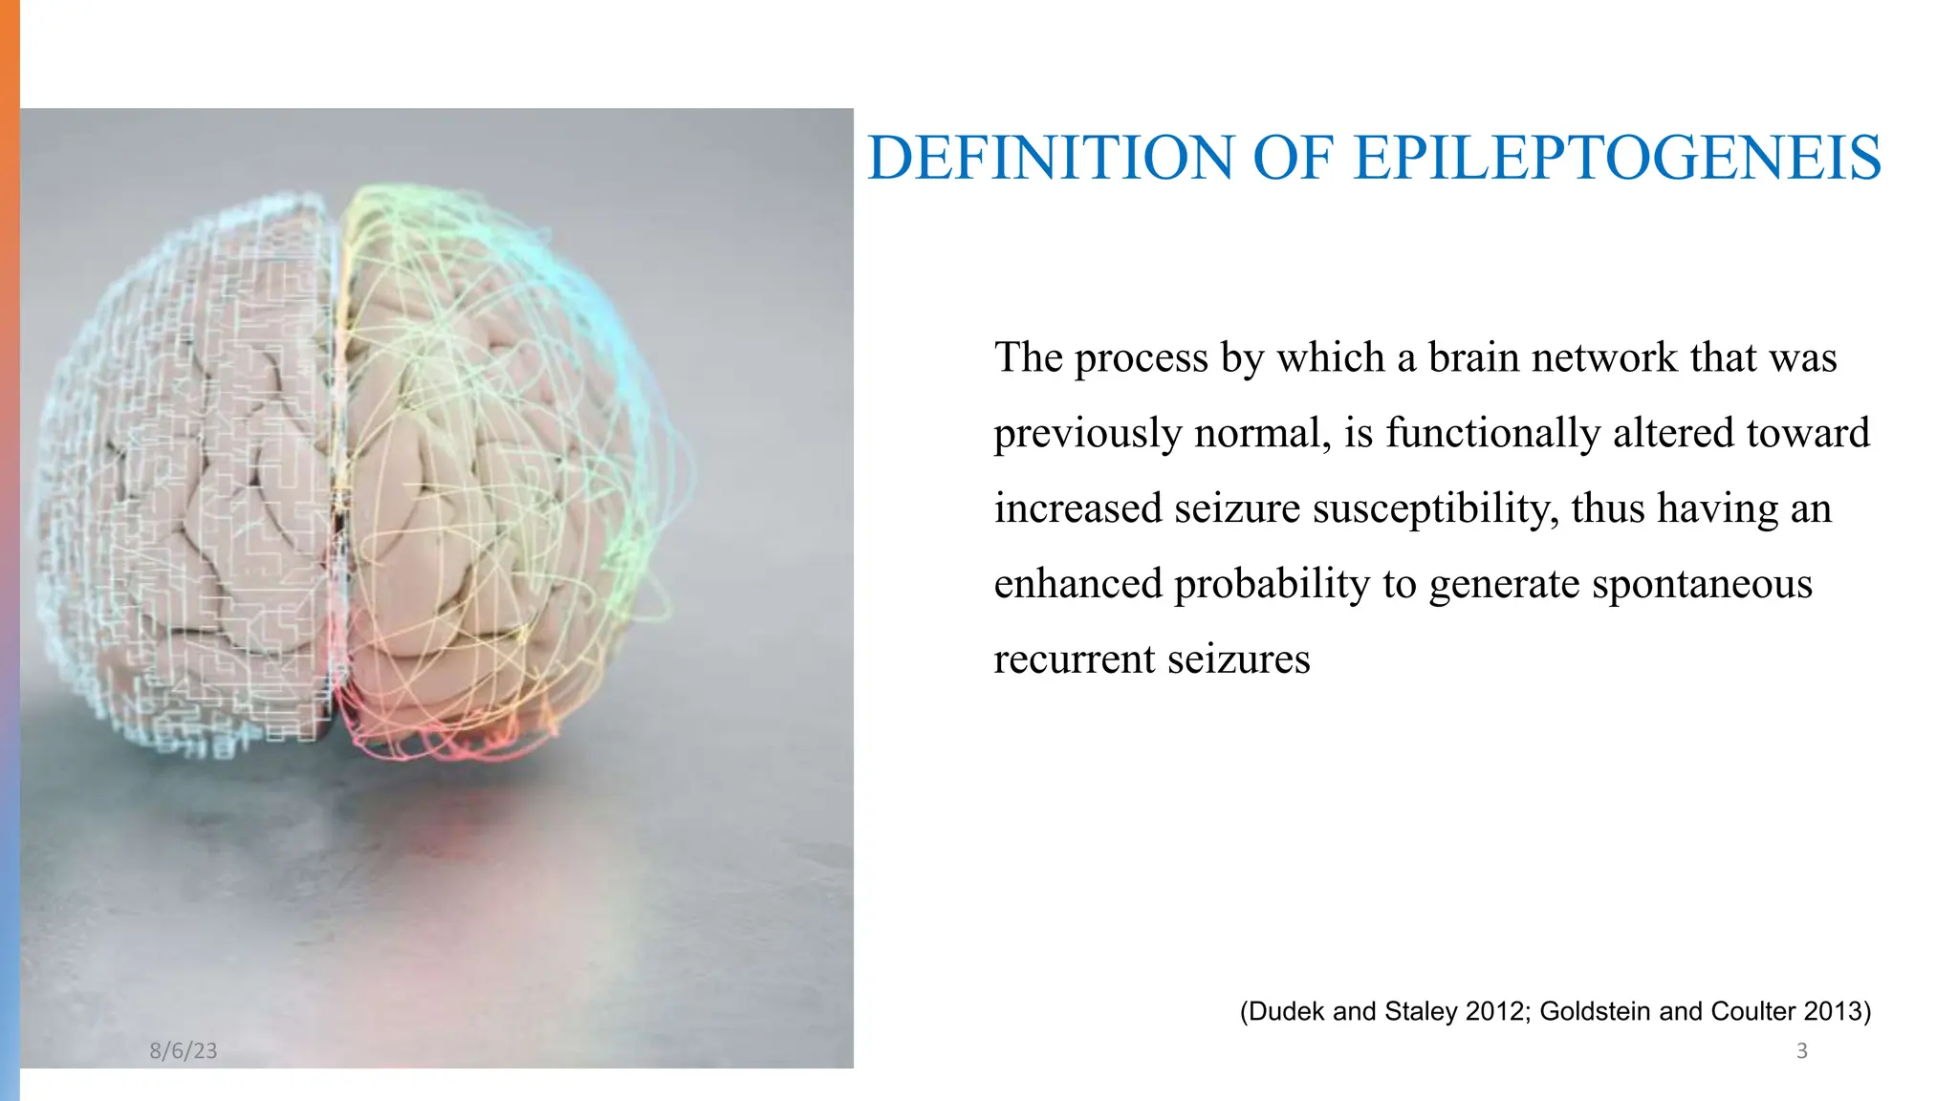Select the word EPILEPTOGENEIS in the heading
pyautogui.click(x=1618, y=158)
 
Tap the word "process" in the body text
pyautogui.click(x=1142, y=358)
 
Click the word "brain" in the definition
pyautogui.click(x=1474, y=357)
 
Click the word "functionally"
pyautogui.click(x=1492, y=433)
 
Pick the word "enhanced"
pyautogui.click(x=1077, y=584)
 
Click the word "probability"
pyautogui.click(x=1272, y=585)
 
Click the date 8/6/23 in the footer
pyautogui.click(x=184, y=1051)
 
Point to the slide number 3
pyautogui.click(x=1802, y=1051)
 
